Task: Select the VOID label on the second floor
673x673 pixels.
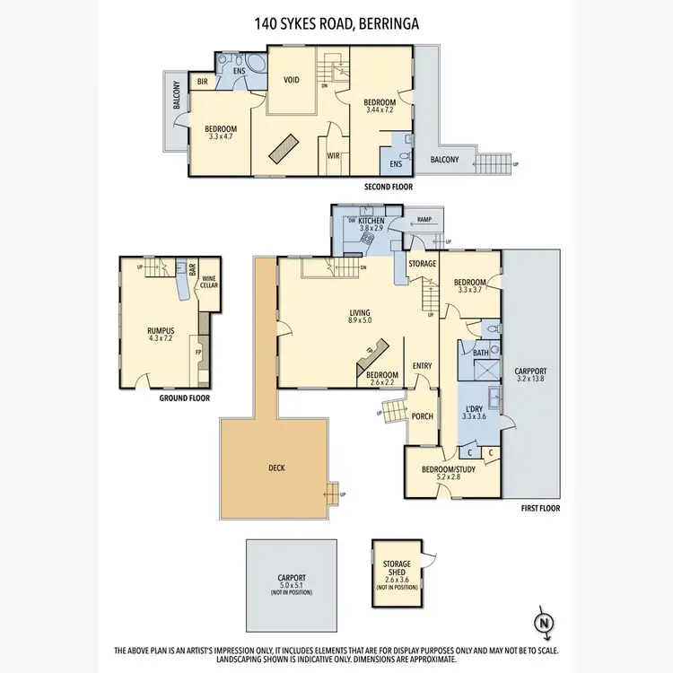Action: click(291, 79)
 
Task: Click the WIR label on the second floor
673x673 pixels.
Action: click(333, 155)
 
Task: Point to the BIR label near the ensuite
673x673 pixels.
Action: click(203, 81)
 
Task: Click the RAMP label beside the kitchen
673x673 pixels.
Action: click(424, 220)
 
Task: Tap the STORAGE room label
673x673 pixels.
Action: click(422, 264)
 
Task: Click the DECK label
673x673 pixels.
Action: click(277, 468)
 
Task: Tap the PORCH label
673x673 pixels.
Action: click(422, 416)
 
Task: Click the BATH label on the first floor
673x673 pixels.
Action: click(481, 353)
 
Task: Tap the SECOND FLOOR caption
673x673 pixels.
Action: click(388, 188)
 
